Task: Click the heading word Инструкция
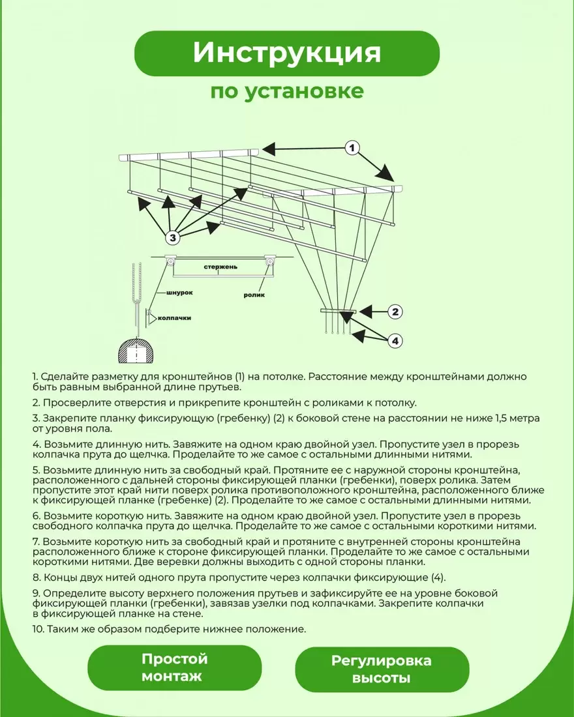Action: [x=286, y=53]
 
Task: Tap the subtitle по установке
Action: [x=286, y=91]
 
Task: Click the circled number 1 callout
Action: [x=352, y=149]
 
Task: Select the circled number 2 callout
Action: [x=395, y=312]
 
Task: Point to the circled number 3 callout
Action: [x=173, y=237]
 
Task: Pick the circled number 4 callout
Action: [x=395, y=340]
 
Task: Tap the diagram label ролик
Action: [x=254, y=295]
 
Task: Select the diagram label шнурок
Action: [x=180, y=293]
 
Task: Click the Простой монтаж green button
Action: [x=174, y=667]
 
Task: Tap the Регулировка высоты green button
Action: [x=382, y=669]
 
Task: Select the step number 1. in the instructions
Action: [x=35, y=377]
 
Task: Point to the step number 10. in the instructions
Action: [x=38, y=629]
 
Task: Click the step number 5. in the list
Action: [x=36, y=469]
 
